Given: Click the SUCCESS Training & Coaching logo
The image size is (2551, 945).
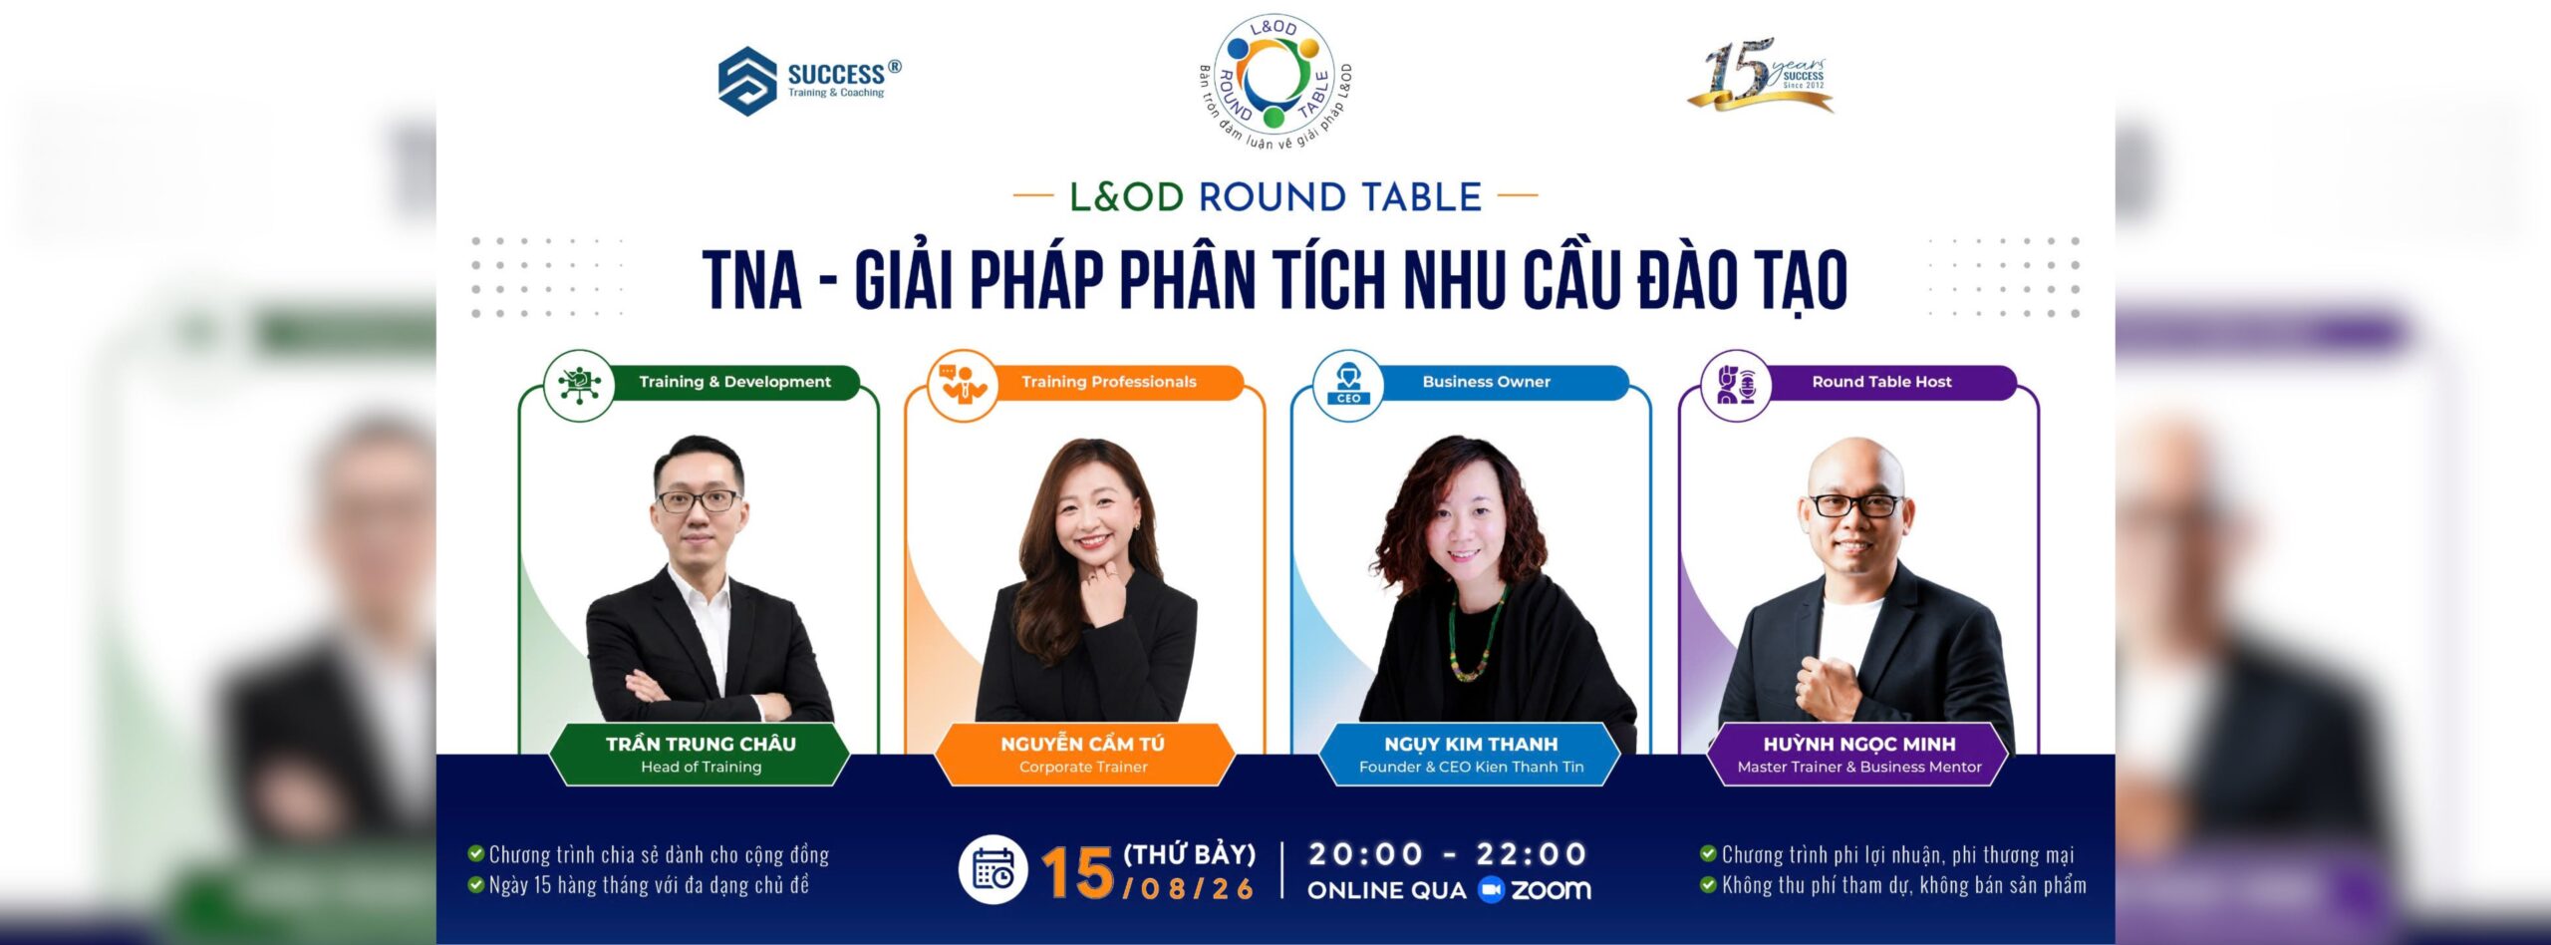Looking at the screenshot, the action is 809,81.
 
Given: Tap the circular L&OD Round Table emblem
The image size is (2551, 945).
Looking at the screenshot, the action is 1275,82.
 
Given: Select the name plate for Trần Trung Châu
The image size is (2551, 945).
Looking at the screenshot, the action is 701,754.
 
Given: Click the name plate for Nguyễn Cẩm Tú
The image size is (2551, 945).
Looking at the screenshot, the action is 1083,754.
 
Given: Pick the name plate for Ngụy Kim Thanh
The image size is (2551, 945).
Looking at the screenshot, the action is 1471,754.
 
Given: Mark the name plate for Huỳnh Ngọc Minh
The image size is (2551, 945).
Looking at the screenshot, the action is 1859,754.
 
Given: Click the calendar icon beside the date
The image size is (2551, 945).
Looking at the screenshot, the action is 992,870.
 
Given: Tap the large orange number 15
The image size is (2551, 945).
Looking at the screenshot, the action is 1077,873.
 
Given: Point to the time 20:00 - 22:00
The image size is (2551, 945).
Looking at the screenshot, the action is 1447,854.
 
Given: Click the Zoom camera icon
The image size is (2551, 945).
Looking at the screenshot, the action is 1491,890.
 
